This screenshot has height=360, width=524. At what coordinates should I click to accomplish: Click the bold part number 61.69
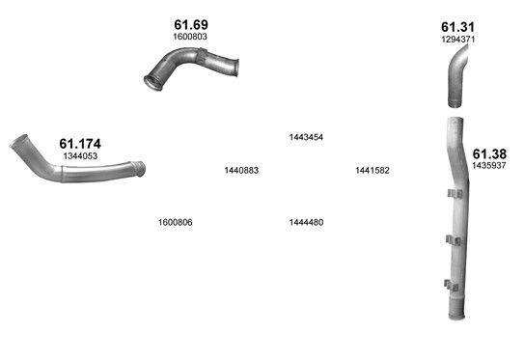pos(191,25)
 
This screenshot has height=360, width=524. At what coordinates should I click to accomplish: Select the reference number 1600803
pos(190,37)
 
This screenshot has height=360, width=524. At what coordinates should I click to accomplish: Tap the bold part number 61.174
pos(80,144)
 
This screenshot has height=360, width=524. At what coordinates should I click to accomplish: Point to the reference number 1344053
pos(80,155)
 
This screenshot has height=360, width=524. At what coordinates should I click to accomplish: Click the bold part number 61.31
pos(457,27)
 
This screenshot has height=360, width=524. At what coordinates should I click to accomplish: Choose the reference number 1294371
pos(457,40)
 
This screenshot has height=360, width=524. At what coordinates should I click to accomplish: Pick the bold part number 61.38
pos(489,154)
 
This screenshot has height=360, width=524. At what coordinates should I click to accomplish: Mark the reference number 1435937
pos(489,165)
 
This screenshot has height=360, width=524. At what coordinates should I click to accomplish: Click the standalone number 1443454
pos(306,137)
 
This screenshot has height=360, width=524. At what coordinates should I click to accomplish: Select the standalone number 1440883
pos(241,171)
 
